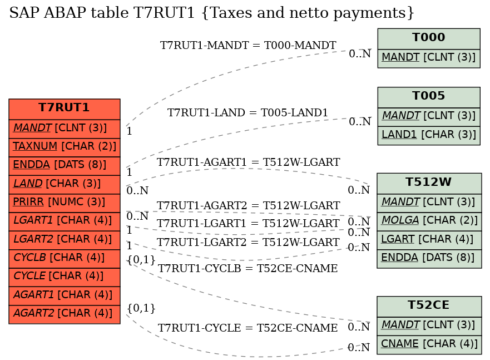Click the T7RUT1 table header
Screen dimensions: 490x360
pos(65,109)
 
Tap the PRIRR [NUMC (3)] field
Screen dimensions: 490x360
pos(65,203)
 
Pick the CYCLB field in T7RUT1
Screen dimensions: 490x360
pos(65,258)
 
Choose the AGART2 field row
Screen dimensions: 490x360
pos(65,314)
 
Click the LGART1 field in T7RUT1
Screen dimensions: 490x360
pos(65,221)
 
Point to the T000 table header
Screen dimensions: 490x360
pos(429,39)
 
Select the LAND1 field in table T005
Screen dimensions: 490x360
pos(429,135)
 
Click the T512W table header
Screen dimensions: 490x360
pos(429,184)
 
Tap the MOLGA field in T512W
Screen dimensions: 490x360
pos(429,221)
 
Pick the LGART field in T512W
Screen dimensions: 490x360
pos(429,240)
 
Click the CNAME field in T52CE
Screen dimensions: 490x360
pos(429,344)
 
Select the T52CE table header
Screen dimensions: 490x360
pos(429,307)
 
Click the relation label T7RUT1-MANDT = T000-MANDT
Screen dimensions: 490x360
pos(248,45)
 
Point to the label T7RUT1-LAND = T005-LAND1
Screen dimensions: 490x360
pos(248,112)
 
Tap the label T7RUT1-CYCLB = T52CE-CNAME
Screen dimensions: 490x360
pos(248,268)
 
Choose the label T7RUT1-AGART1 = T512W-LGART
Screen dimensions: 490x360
pos(248,162)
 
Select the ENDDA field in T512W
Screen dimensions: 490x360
pos(429,258)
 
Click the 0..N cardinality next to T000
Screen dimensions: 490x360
pos(360,54)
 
